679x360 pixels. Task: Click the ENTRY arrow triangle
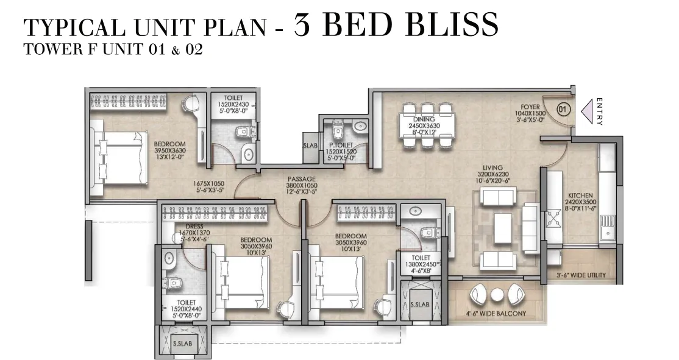pos(587,111)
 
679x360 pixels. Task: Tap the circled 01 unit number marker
pos(563,110)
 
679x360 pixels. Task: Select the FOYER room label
pos(530,107)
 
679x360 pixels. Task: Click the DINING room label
pos(424,119)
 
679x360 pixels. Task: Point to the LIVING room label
pos(493,168)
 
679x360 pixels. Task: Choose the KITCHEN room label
pos(581,196)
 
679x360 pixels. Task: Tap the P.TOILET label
pos(341,146)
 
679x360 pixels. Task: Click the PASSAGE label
pos(302,179)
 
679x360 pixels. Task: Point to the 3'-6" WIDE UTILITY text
pos(581,275)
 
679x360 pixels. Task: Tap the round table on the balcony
pos(496,295)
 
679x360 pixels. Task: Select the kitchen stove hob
pos(552,219)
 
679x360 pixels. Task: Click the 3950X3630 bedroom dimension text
pos(169,150)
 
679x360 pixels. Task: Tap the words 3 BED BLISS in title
pos(396,24)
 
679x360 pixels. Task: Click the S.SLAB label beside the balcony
pos(419,305)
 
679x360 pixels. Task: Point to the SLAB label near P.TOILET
pos(310,146)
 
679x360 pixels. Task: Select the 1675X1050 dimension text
pos(208,183)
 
